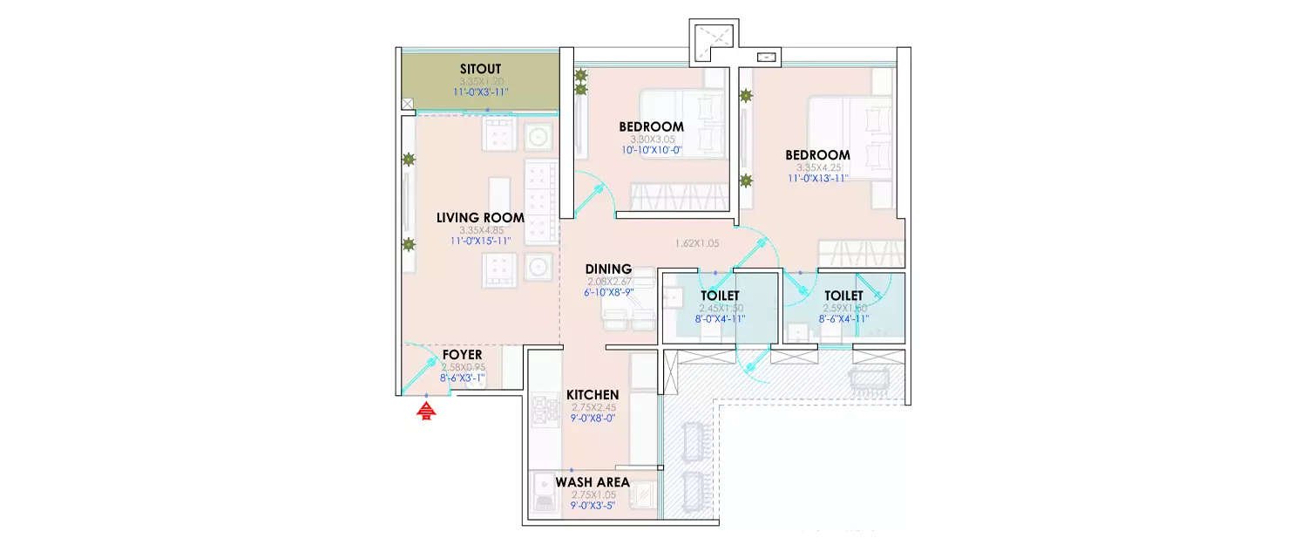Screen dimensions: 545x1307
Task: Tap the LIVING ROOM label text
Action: coord(480,218)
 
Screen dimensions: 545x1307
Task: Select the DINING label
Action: coord(608,269)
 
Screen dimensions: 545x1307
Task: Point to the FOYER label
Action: coord(463,356)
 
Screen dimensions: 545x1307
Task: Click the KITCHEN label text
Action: coord(593,395)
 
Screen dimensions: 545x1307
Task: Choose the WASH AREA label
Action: coord(593,482)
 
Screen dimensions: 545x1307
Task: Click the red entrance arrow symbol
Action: coord(426,411)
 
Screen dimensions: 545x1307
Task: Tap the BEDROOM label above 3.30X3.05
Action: coord(653,127)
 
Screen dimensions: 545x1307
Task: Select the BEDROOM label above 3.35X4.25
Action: coord(819,155)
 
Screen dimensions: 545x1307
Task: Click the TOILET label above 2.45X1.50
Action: coord(720,296)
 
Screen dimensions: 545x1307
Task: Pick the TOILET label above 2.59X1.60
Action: coord(843,296)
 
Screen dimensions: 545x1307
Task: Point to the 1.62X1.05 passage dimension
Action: coord(697,243)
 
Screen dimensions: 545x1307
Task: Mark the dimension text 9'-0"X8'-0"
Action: coord(593,419)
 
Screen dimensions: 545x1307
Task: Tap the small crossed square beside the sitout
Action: coord(407,105)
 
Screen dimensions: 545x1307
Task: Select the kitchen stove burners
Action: coord(545,410)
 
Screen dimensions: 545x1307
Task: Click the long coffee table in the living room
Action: coord(498,201)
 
